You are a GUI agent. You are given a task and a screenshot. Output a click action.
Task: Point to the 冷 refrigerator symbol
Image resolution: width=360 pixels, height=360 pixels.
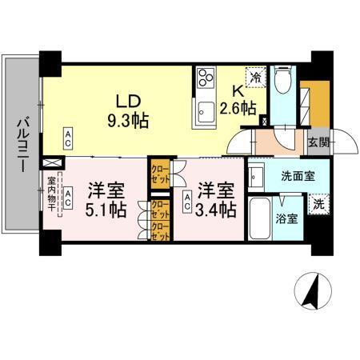(x=256, y=78)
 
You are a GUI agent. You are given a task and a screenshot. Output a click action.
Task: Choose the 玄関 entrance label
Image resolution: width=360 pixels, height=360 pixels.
(x=318, y=143)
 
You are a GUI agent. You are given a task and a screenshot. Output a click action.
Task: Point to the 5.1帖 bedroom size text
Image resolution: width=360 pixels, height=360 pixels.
(x=105, y=210)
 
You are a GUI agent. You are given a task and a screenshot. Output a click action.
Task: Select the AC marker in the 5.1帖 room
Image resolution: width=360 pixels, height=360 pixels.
(x=69, y=194)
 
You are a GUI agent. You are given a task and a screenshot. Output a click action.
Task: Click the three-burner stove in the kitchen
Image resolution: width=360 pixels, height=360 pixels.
(x=205, y=80)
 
